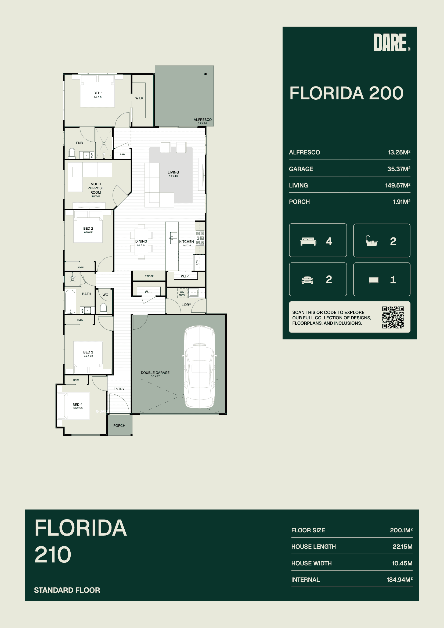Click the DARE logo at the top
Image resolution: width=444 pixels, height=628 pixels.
tap(392, 42)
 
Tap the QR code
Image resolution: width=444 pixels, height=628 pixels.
tap(393, 317)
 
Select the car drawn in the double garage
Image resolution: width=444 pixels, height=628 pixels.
tap(200, 367)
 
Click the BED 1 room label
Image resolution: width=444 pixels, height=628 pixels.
tap(98, 93)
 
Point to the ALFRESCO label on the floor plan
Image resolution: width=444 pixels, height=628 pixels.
tap(203, 120)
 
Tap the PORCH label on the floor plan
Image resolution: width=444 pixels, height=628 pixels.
tap(119, 425)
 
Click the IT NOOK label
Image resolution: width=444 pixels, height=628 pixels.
tap(149, 276)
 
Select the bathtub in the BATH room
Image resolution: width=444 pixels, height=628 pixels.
tap(70, 301)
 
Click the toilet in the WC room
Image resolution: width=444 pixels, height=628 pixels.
tap(103, 308)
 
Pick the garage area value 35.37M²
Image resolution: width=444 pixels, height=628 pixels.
tap(399, 169)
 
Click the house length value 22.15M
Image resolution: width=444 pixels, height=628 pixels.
tap(402, 547)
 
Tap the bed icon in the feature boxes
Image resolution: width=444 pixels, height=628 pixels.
tap(308, 241)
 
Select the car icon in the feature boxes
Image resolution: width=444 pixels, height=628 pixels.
tap(307, 280)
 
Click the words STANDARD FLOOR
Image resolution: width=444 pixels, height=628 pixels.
tap(67, 590)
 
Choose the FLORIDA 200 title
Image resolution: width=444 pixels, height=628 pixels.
tap(346, 93)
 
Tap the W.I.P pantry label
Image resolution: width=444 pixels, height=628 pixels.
tap(185, 276)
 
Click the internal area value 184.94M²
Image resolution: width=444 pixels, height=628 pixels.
tap(399, 579)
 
